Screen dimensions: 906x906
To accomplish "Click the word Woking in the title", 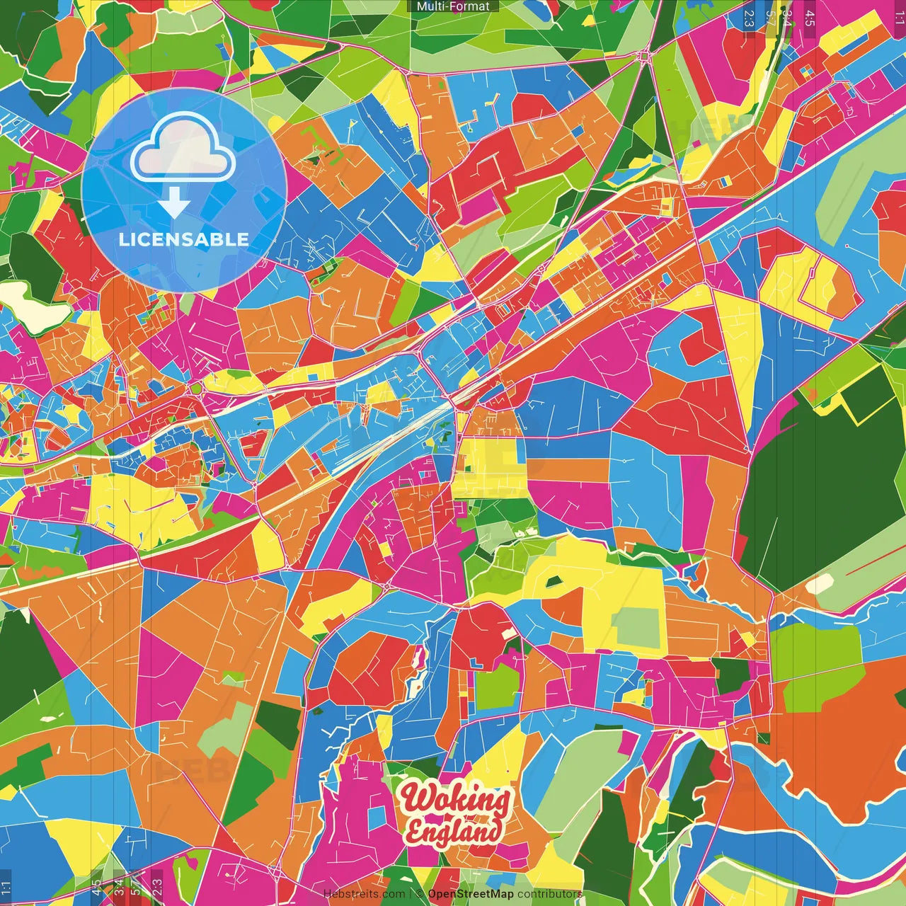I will click(x=455, y=800).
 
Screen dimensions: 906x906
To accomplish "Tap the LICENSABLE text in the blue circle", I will click(x=184, y=239).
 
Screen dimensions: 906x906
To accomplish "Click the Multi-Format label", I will click(x=453, y=6).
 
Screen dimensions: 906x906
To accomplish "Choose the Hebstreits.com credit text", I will click(x=364, y=894).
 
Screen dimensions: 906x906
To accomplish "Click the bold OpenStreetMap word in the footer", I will click(x=471, y=894).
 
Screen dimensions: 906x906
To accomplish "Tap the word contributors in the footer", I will click(x=550, y=894).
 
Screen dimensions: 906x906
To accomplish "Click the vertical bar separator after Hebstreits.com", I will click(x=410, y=894).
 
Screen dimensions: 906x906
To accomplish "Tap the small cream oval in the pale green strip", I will click(x=820, y=585).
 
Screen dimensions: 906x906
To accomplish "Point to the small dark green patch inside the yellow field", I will click(x=554, y=582).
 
